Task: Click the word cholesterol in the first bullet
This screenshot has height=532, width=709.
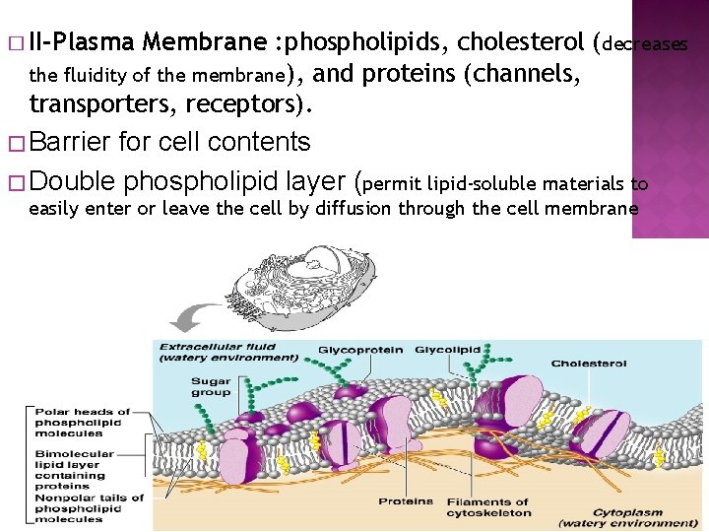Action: (520, 42)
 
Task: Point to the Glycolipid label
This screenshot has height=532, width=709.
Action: (448, 349)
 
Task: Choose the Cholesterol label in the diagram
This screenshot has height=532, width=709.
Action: (589, 364)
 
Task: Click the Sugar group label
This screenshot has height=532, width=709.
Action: (211, 386)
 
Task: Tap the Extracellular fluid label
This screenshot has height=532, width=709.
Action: (228, 352)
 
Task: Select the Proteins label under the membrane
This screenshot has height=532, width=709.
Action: (406, 500)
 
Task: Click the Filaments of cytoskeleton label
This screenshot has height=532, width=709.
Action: (487, 506)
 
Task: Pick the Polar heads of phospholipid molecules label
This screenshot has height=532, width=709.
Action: (83, 422)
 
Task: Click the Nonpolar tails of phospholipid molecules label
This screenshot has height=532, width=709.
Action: (90, 507)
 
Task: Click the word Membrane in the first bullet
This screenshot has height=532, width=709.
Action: (204, 42)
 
